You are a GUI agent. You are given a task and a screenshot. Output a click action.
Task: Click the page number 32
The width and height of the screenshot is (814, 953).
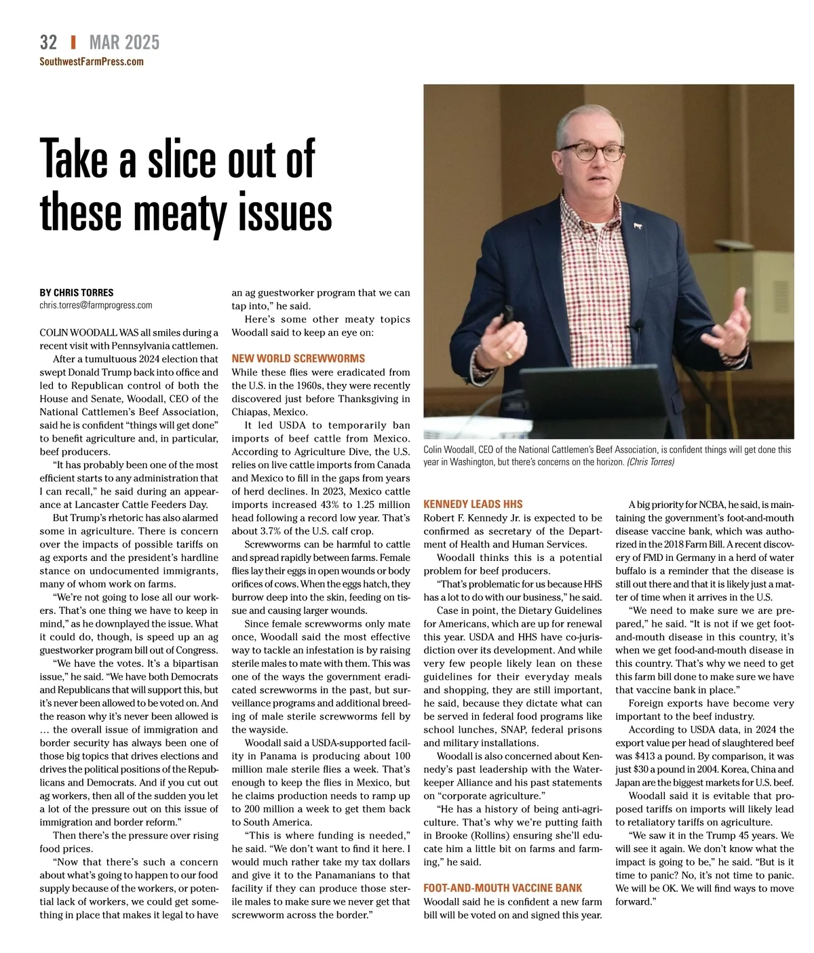(x=48, y=42)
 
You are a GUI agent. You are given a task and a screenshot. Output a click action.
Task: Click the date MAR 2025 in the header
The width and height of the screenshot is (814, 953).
(x=124, y=43)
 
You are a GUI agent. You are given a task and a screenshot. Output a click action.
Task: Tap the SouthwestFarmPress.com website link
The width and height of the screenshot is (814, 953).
(x=92, y=62)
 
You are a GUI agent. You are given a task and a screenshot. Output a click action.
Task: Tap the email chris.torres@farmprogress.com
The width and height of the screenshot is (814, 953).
(x=96, y=305)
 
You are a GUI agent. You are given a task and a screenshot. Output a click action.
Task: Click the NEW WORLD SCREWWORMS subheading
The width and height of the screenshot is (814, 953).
(x=298, y=358)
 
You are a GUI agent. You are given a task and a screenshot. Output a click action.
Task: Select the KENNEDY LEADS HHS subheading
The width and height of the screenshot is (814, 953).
(x=473, y=504)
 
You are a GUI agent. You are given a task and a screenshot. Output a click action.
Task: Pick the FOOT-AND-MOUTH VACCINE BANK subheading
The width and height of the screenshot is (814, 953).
(x=503, y=888)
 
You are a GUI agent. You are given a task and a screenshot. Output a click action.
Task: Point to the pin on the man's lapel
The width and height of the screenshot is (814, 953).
(x=637, y=225)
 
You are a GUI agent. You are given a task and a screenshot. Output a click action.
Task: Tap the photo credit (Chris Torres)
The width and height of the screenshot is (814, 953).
(x=650, y=462)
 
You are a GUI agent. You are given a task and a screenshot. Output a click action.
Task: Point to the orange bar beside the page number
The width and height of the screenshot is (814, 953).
(x=73, y=42)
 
